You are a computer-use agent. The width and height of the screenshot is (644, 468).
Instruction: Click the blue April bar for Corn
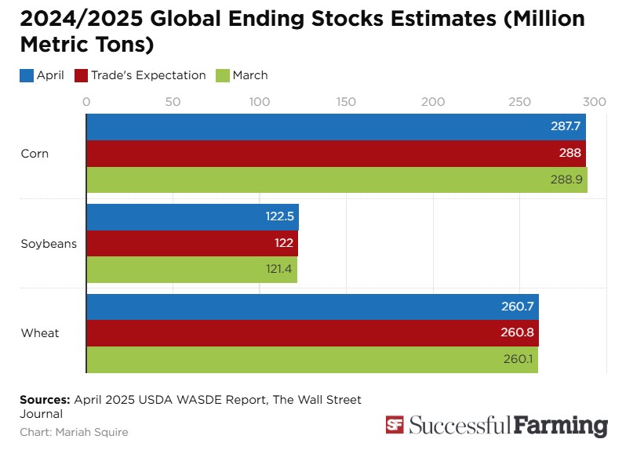click(x=336, y=127)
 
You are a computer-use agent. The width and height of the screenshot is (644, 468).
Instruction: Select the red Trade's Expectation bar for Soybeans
click(x=192, y=243)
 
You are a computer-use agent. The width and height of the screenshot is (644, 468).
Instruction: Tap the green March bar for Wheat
click(x=311, y=360)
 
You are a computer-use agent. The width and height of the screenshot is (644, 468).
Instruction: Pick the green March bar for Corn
click(x=337, y=180)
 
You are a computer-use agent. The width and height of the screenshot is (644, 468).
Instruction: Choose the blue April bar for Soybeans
click(x=192, y=217)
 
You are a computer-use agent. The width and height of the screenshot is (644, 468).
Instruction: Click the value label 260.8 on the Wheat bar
click(x=518, y=333)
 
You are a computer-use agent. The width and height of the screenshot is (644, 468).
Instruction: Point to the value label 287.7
click(x=564, y=127)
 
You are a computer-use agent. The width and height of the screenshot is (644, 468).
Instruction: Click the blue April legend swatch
click(x=26, y=76)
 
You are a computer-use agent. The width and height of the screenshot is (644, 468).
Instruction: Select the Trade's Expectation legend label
click(x=148, y=75)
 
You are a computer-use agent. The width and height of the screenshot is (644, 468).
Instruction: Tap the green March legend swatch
click(x=222, y=76)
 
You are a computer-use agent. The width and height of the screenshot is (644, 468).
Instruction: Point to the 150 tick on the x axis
click(x=346, y=101)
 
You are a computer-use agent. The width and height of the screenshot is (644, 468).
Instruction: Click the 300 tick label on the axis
click(x=595, y=101)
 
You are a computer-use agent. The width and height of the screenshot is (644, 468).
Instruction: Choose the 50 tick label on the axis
click(x=173, y=101)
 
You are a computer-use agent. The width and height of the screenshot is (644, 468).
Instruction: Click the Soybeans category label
click(x=49, y=243)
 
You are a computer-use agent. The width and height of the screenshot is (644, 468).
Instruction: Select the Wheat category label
click(x=40, y=333)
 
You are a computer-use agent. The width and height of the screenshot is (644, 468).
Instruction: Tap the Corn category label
click(x=35, y=154)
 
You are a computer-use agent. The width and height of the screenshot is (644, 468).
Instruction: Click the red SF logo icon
click(x=395, y=425)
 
